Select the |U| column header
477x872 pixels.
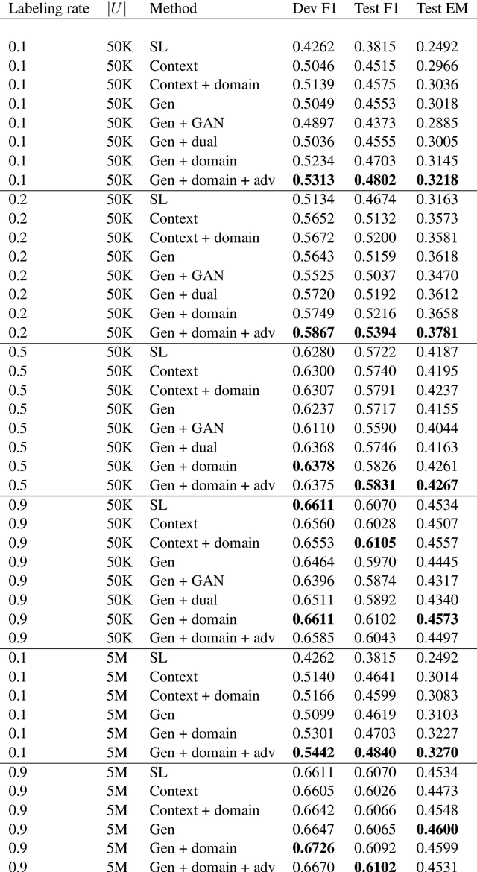tap(116, 9)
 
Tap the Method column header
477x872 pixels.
tap(173, 9)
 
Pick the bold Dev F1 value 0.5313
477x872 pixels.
tap(314, 180)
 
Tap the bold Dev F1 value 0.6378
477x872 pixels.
tap(314, 467)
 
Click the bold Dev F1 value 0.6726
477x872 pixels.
tap(314, 848)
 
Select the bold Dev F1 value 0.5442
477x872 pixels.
tap(314, 753)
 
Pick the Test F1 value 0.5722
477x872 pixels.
tap(375, 352)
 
